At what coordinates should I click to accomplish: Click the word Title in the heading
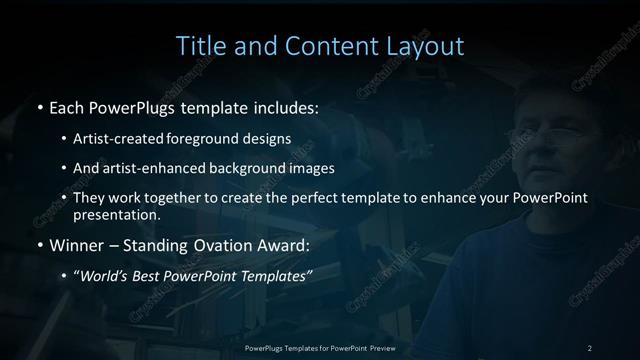pyautogui.click(x=200, y=46)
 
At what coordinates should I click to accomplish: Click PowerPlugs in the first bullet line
pyautogui.click(x=127, y=105)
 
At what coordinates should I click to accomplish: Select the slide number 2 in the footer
pyautogui.click(x=590, y=347)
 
